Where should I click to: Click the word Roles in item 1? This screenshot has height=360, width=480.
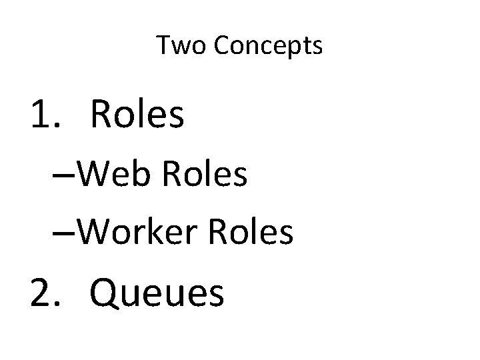tap(137, 115)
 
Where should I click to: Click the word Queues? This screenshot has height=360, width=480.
tap(157, 294)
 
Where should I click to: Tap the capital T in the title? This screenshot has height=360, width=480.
tap(163, 45)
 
